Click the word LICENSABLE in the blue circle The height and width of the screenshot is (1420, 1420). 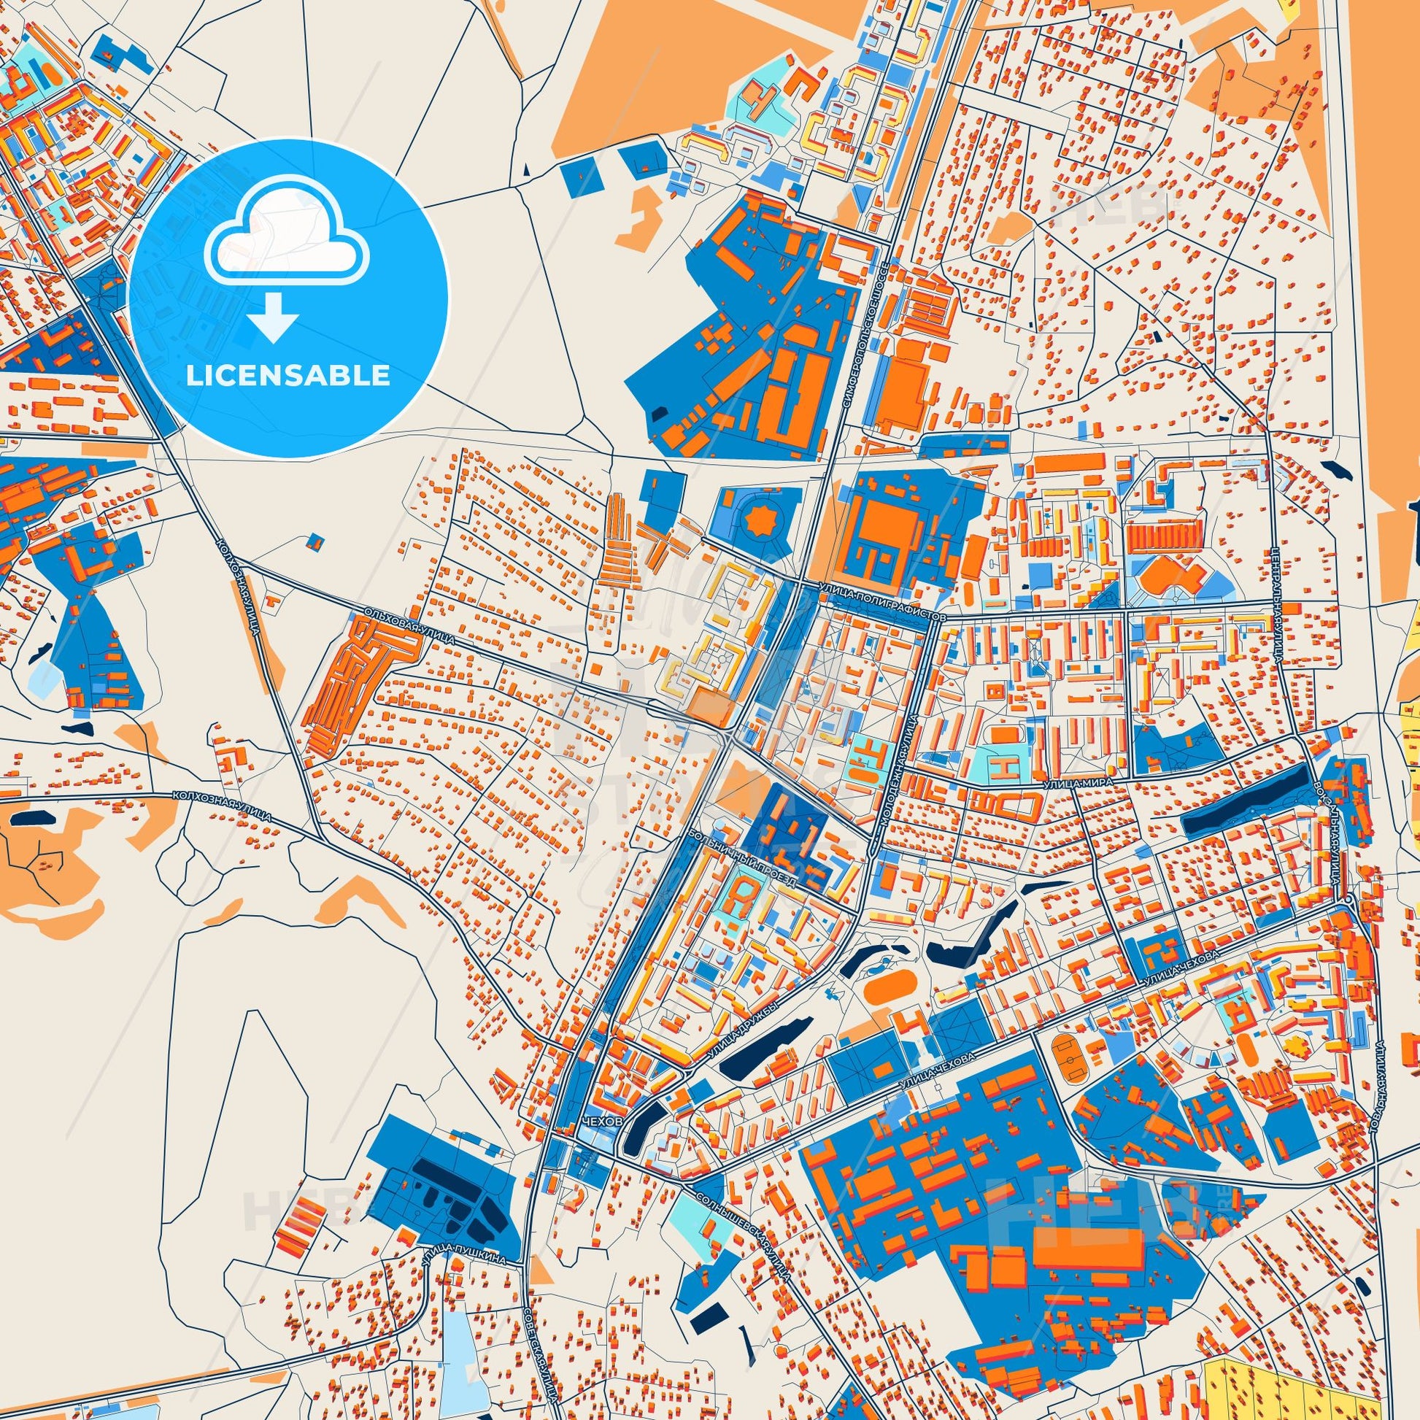(x=288, y=375)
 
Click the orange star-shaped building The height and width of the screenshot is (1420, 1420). (x=755, y=520)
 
